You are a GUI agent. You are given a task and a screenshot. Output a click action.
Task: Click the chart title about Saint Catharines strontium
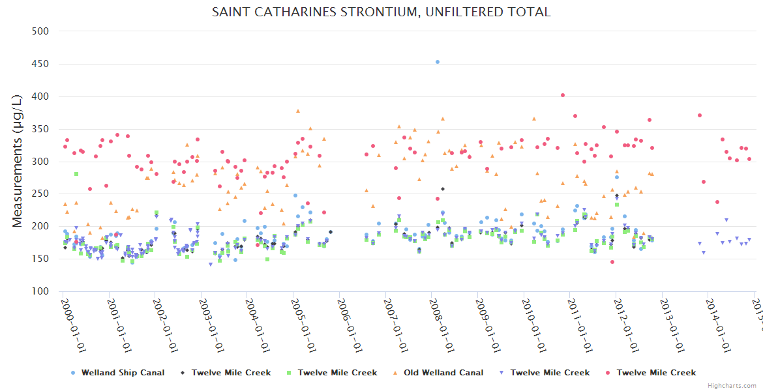[x=381, y=12]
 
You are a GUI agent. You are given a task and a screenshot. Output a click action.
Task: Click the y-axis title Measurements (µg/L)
[x=18, y=161]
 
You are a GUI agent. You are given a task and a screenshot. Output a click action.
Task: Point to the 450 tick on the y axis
[x=40, y=64]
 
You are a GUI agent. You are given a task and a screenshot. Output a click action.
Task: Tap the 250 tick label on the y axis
[x=40, y=194]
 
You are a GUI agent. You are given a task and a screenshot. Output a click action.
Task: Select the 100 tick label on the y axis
[x=40, y=291]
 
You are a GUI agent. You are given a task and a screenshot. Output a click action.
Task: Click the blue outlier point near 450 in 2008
[x=438, y=62]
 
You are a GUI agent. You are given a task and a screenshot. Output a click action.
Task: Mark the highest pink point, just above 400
[x=563, y=95]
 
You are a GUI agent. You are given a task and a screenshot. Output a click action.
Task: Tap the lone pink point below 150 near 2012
[x=612, y=262]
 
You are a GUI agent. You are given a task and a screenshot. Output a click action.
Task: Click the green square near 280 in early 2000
[x=76, y=174]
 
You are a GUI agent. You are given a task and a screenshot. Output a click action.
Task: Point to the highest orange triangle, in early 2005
[x=298, y=111]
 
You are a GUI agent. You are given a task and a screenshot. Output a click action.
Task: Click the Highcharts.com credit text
[x=732, y=386]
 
